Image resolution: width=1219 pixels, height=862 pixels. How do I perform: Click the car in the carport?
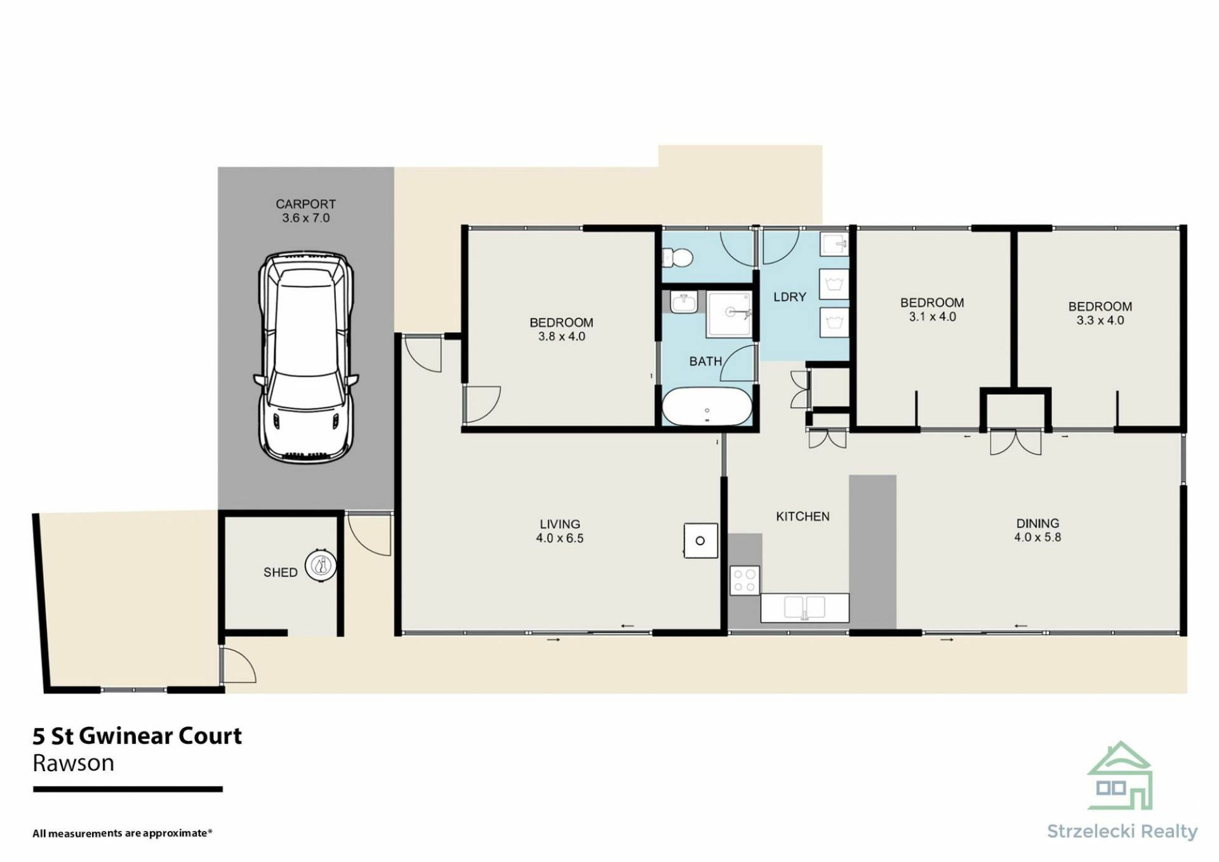coord(306,357)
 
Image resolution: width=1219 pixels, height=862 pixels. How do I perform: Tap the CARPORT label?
coord(305,204)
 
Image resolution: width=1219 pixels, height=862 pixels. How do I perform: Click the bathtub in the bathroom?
coord(707,406)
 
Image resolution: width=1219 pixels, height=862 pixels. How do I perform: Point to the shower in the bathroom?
coord(729,315)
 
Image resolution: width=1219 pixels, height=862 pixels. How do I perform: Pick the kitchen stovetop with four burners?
coord(745,580)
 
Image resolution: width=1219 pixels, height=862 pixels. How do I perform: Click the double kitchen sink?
coord(804,607)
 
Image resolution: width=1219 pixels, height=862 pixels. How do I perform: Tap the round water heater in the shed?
coord(321,565)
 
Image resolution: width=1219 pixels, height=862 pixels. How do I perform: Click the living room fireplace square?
coord(700,541)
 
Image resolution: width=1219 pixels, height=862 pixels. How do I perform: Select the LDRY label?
coord(790,297)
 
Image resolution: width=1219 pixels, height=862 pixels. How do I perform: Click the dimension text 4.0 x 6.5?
coord(559,538)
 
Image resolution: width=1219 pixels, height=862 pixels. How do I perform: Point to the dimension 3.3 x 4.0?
coord(1100,321)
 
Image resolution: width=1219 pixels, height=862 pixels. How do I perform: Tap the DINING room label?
coord(1038,524)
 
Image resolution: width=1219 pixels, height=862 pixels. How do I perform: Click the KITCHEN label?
coord(803,517)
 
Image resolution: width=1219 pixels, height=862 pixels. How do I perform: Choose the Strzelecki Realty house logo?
coord(1120,776)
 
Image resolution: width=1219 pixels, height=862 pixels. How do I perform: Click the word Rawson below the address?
coord(74,763)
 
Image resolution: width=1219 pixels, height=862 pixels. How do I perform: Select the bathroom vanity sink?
coord(684,302)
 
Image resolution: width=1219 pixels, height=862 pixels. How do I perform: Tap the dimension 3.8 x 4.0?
coord(562,336)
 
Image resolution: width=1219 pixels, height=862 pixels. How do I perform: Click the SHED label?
coord(281,573)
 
